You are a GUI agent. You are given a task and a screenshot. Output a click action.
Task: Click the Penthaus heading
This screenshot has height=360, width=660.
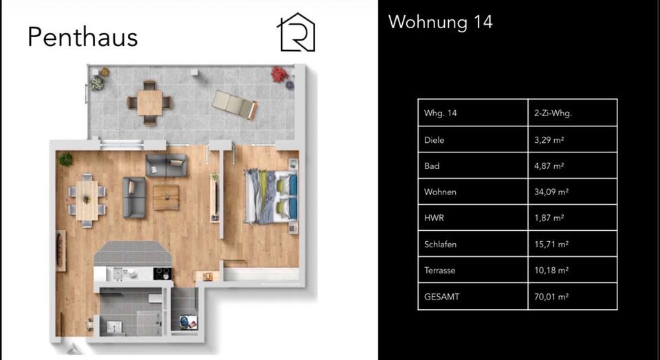coord(82,36)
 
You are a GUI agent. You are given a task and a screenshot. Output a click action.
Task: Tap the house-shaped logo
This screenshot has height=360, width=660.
coord(296,33)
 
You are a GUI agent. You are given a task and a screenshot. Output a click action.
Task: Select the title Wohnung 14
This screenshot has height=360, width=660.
coord(440,22)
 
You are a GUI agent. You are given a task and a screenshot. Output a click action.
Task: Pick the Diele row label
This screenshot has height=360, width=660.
coord(434,139)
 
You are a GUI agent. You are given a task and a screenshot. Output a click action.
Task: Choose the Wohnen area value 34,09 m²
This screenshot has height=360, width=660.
coord(551,192)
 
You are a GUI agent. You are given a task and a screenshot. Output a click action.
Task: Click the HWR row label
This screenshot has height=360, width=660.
coord(433,218)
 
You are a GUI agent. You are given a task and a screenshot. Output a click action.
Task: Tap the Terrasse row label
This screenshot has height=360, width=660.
coord(440,270)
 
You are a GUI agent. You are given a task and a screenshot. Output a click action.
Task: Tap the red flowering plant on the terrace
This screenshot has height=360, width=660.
coord(278,74)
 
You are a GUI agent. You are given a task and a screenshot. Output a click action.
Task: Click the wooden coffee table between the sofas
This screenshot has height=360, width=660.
coord(166,198)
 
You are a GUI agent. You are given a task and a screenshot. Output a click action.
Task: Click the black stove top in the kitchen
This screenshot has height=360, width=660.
coord(162,273)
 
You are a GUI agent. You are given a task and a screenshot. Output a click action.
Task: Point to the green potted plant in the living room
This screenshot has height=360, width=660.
coord(65,159)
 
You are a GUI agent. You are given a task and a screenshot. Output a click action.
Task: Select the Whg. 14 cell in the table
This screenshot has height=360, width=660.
coord(441,113)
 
